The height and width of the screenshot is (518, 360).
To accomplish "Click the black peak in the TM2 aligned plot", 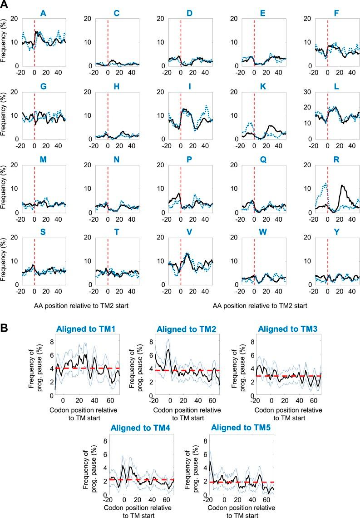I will pos(169,350).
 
